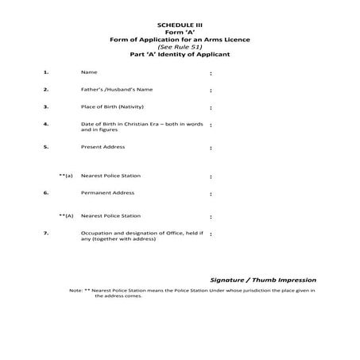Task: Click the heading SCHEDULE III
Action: [180, 25]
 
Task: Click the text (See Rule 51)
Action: [180, 47]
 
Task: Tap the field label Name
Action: [88, 72]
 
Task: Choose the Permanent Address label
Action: [107, 192]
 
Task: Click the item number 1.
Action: [47, 72]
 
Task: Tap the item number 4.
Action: [47, 124]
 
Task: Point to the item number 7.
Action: [47, 233]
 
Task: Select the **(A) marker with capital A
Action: [66, 215]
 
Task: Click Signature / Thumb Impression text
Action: [263, 280]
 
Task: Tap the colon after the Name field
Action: [211, 73]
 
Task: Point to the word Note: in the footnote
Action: [76, 291]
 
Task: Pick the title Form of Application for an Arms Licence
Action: [180, 40]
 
